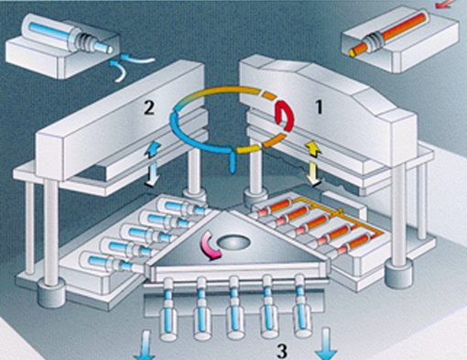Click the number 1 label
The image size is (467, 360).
pyautogui.click(x=319, y=107)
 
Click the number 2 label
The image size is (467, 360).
pyautogui.click(x=149, y=108)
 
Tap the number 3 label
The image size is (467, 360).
pyautogui.click(x=282, y=352)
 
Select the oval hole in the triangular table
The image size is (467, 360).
pyautogui.click(x=234, y=243)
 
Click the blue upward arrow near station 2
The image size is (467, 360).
pyautogui.click(x=153, y=149)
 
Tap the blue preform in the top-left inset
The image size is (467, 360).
pyautogui.click(x=71, y=37)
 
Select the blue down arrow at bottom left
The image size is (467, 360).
pyautogui.click(x=145, y=345)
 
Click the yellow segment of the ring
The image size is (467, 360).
pyautogui.click(x=249, y=149)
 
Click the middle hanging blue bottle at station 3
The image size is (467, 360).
pyautogui.click(x=234, y=314)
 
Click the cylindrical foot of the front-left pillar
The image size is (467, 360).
pyautogui.click(x=52, y=294)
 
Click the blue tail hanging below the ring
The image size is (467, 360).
pyautogui.click(x=233, y=161)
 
